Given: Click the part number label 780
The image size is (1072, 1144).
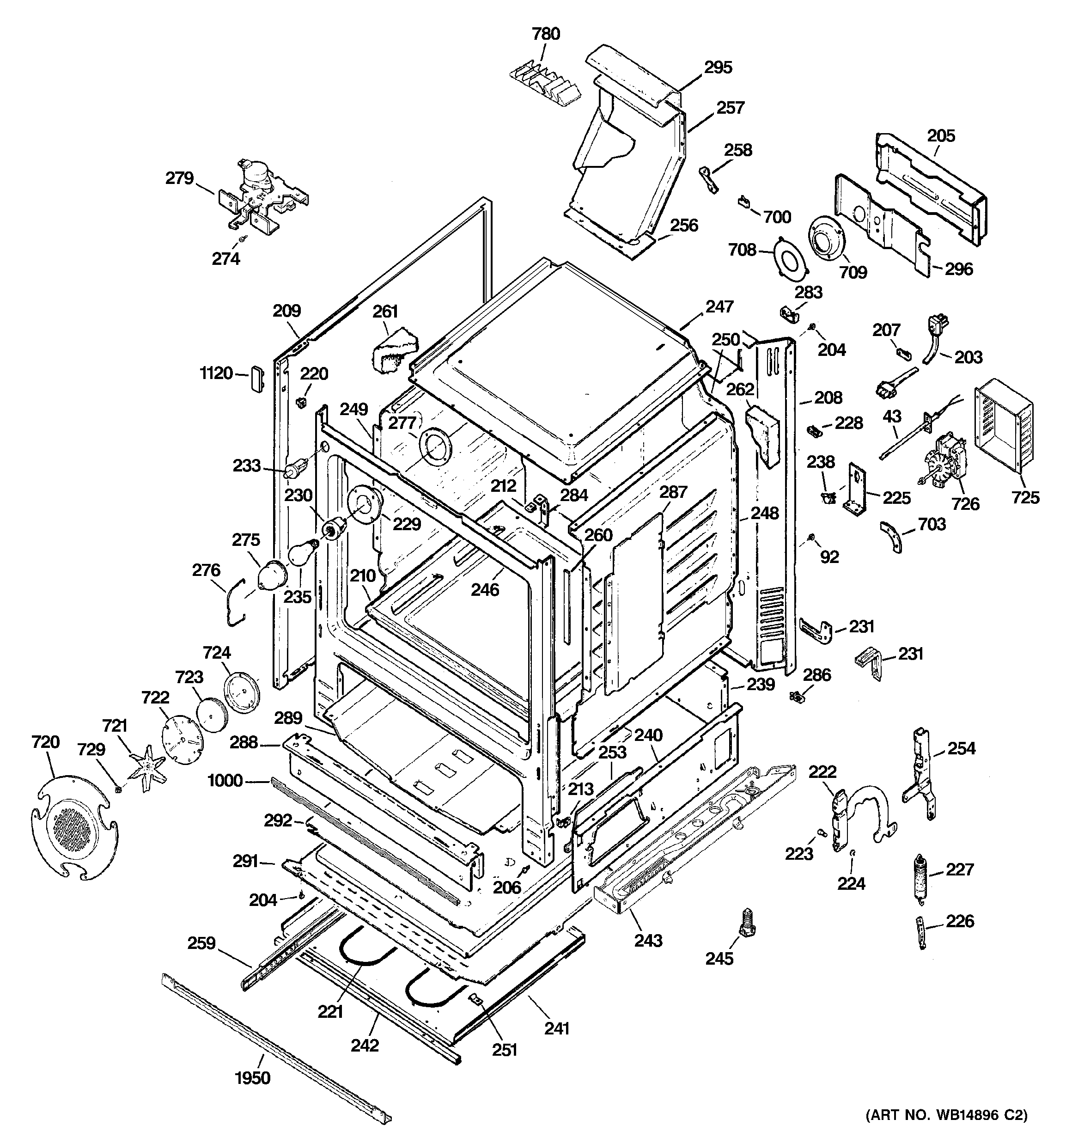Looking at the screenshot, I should [x=546, y=34].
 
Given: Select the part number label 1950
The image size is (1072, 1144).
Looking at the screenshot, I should [x=253, y=1077].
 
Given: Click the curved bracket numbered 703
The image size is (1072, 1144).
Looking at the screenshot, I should [x=892, y=535].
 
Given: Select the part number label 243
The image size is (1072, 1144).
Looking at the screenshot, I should [x=648, y=940].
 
